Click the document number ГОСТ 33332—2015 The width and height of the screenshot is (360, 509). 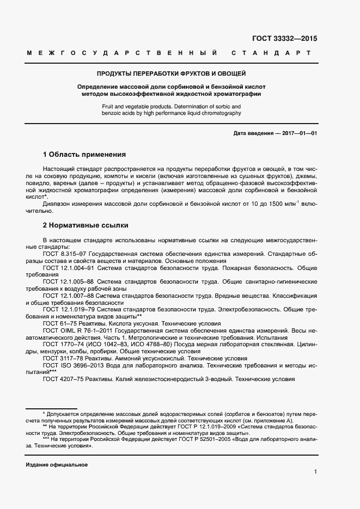[284, 39]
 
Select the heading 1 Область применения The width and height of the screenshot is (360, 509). [84, 154]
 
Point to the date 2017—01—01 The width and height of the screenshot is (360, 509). [297, 133]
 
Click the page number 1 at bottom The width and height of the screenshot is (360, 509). [315, 471]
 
